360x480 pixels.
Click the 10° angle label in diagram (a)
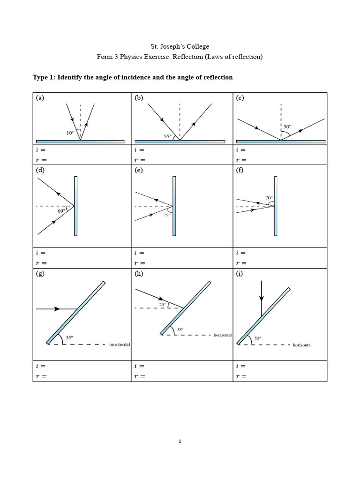pos(69,133)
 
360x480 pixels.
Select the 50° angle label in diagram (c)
pos(286,127)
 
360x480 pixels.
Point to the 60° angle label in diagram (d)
pos(61,211)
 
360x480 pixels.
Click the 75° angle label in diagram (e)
pos(167,216)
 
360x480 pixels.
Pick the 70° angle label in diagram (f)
pos(269,198)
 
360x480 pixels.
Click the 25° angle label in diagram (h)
pos(163,304)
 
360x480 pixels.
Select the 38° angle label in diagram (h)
pos(180,330)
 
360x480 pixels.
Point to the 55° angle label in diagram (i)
pos(258,337)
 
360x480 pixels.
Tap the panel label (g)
pos(40,274)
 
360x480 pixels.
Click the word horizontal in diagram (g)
pos(120,345)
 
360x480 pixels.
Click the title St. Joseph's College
pos(180,46)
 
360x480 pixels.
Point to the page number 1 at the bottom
pos(180,441)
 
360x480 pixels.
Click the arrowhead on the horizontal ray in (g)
pos(57,308)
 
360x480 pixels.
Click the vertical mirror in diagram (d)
pos(75,206)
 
